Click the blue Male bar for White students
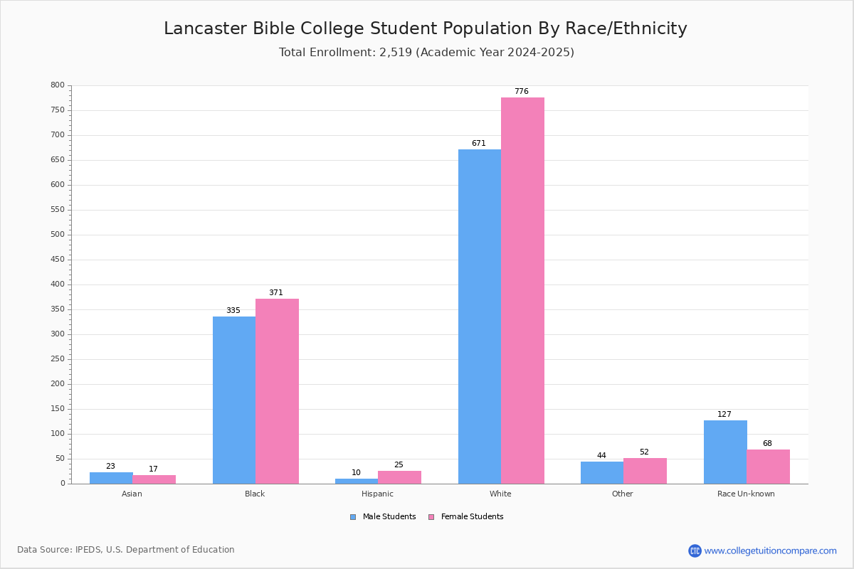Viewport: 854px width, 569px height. pyautogui.click(x=480, y=317)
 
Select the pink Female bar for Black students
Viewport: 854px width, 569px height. pyautogui.click(x=277, y=391)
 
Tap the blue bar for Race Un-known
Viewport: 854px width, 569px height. pyautogui.click(x=725, y=452)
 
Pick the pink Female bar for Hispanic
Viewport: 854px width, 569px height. pyautogui.click(x=399, y=477)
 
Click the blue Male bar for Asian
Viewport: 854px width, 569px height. pyautogui.click(x=111, y=478)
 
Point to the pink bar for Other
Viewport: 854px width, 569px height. pyautogui.click(x=645, y=471)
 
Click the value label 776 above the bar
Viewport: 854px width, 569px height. pyautogui.click(x=522, y=91)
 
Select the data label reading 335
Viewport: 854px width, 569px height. pyautogui.click(x=233, y=310)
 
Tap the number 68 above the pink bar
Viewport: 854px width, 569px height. pyautogui.click(x=767, y=443)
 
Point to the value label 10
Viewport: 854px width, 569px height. pyautogui.click(x=356, y=472)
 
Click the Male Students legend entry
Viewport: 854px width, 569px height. pyautogui.click(x=383, y=517)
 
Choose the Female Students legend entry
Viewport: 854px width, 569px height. pyautogui.click(x=466, y=517)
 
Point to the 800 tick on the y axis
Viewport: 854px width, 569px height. pyautogui.click(x=58, y=85)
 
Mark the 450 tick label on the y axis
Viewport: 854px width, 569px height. pyautogui.click(x=58, y=260)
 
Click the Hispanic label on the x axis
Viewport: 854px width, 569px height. pyautogui.click(x=377, y=494)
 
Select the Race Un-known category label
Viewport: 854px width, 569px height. pyautogui.click(x=746, y=494)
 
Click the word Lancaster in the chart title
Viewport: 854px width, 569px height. pyautogui.click(x=206, y=28)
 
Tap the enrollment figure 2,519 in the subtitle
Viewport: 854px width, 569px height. pyautogui.click(x=396, y=52)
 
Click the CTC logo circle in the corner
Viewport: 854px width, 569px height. pyautogui.click(x=695, y=551)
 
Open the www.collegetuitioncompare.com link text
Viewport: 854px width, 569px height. pyautogui.click(x=771, y=551)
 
